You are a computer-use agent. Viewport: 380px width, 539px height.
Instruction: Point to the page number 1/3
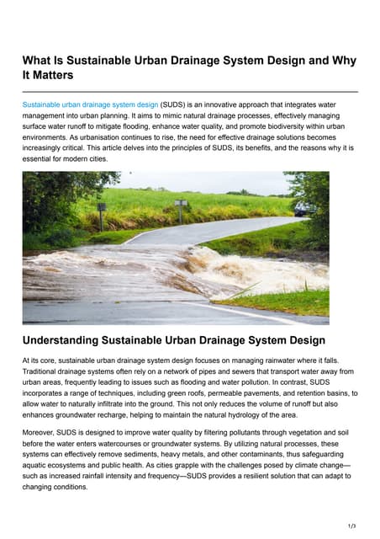click(x=351, y=523)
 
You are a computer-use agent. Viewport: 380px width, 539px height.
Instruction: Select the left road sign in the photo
click(x=102, y=209)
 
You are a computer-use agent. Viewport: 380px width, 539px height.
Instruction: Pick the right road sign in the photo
click(x=179, y=205)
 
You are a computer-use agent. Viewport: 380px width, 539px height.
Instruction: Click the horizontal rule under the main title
click(x=190, y=91)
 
